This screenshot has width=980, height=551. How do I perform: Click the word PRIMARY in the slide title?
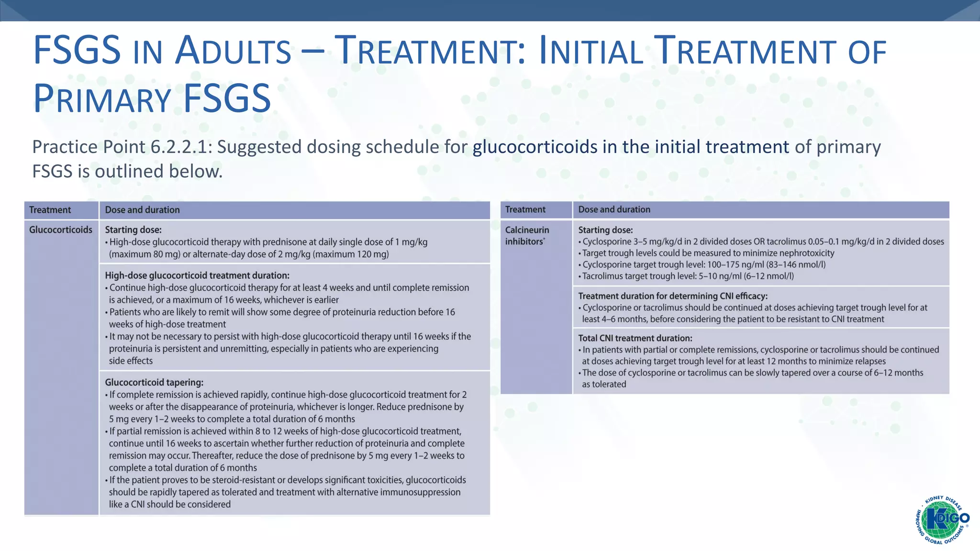pos(102,99)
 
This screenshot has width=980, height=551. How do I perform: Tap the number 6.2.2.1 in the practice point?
pos(179,147)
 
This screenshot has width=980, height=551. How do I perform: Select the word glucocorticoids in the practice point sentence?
pos(535,147)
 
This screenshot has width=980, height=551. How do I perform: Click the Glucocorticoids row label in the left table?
pos(61,230)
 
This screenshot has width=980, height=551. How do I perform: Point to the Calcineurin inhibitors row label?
pos(527,235)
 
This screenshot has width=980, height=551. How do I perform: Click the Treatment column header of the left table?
pos(50,210)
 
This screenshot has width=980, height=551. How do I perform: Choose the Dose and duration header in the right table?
pos(614,209)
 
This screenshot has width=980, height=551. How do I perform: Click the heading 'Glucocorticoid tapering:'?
pos(154,382)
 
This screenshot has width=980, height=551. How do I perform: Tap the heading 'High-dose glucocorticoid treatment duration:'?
pos(197,275)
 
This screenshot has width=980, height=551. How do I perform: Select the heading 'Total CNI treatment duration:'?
pos(635,338)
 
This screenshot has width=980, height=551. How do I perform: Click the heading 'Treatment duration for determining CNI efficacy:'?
pos(673,296)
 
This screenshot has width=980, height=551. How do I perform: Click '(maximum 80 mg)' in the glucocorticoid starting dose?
pos(143,254)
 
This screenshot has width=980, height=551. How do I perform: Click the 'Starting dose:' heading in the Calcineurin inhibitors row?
pos(605,230)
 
